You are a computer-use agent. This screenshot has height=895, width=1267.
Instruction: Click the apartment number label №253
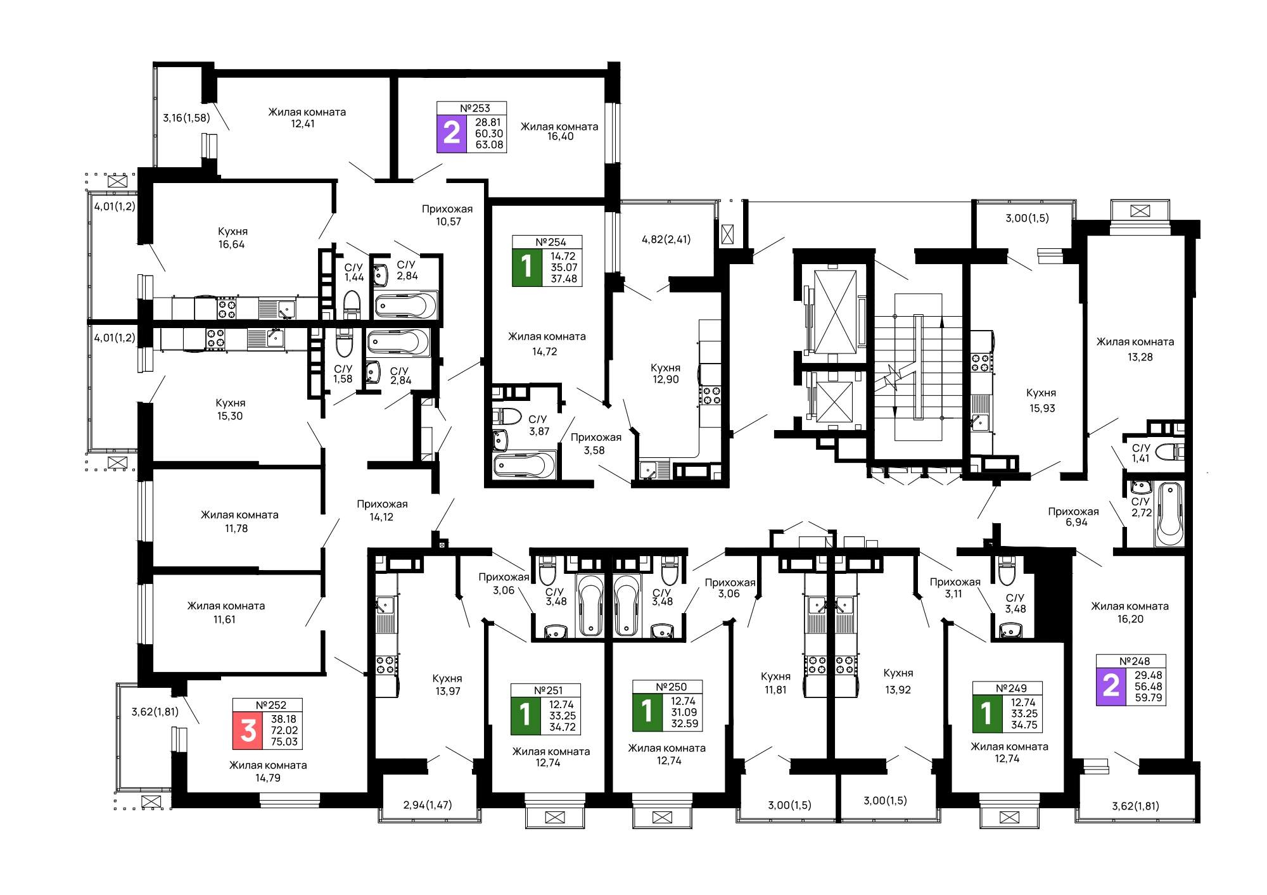(474, 108)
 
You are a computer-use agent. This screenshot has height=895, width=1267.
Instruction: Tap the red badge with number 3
(248, 730)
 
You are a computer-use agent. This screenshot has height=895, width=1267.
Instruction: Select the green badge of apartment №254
(527, 268)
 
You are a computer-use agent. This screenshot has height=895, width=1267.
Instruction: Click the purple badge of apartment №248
(1112, 687)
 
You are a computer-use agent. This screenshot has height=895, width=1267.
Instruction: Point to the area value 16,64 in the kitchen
(231, 244)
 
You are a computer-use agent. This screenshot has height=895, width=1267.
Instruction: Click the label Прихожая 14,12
(382, 511)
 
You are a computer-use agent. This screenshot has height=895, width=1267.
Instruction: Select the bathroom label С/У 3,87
(538, 425)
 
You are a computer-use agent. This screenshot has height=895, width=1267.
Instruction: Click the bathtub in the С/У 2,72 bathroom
(1169, 514)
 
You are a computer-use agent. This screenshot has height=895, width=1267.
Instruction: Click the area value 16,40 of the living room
(560, 137)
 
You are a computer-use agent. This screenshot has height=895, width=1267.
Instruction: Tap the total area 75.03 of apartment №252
(284, 742)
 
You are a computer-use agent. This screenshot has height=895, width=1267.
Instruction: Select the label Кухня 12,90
(665, 374)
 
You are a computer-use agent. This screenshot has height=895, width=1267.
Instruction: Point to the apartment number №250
(671, 687)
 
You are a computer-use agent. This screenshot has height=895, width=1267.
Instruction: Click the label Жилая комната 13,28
(1135, 349)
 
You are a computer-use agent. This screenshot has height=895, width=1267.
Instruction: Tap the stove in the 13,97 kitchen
(386, 664)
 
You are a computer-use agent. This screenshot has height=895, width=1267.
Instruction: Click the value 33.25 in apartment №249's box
(1024, 714)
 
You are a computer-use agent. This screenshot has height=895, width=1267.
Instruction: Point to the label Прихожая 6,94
(1073, 517)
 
